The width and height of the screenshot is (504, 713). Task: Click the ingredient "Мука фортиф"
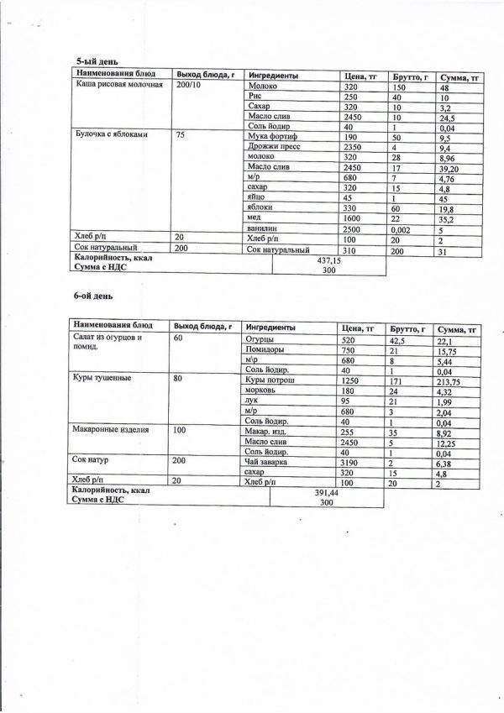270,136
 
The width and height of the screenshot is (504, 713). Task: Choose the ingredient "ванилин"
264,228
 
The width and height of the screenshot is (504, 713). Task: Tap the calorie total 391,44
323,495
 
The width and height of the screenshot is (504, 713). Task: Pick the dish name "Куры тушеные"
98,379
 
